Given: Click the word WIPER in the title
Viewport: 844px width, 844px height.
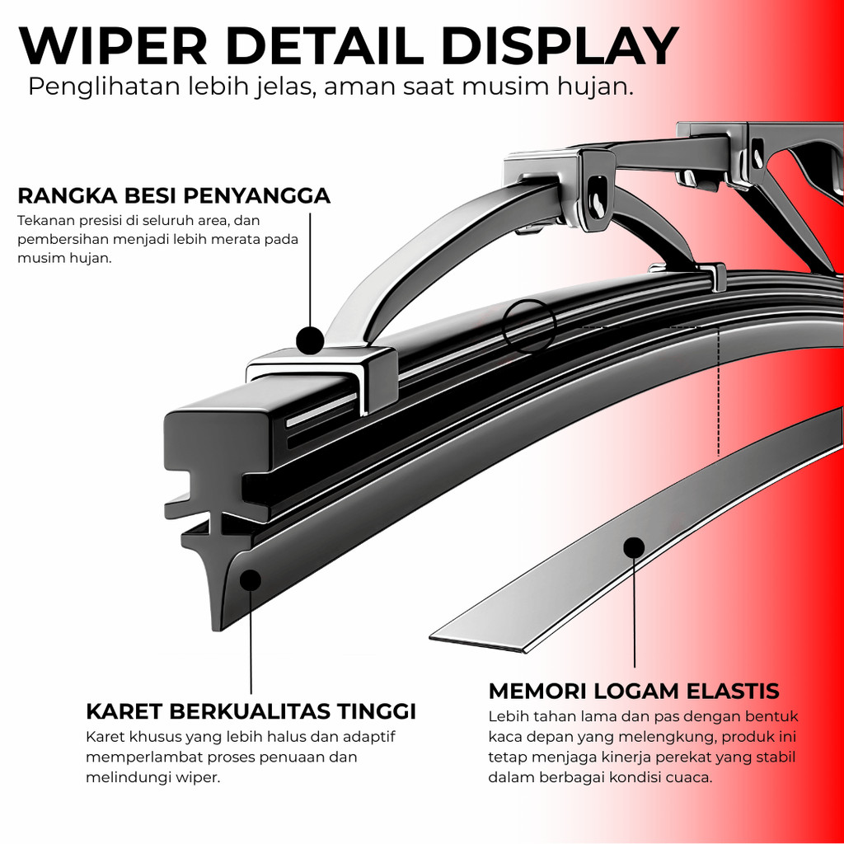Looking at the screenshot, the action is [112, 46].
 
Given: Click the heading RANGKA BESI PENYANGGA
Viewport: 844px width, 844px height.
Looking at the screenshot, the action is [174, 196].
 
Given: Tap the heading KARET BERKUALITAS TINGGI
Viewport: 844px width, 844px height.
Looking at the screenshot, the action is [251, 711].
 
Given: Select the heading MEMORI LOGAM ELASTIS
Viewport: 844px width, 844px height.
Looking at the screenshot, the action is [634, 692].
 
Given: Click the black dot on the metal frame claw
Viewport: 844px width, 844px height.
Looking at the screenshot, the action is [310, 340].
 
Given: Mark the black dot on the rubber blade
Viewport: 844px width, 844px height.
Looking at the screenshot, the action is [251, 580].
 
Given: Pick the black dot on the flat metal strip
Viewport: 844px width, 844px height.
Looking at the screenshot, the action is [634, 547].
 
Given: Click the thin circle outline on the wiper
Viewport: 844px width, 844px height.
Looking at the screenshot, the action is [529, 326].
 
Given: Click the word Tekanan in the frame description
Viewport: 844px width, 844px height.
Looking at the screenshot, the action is [42, 221].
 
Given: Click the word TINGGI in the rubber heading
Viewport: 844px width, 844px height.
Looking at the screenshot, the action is [376, 711].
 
